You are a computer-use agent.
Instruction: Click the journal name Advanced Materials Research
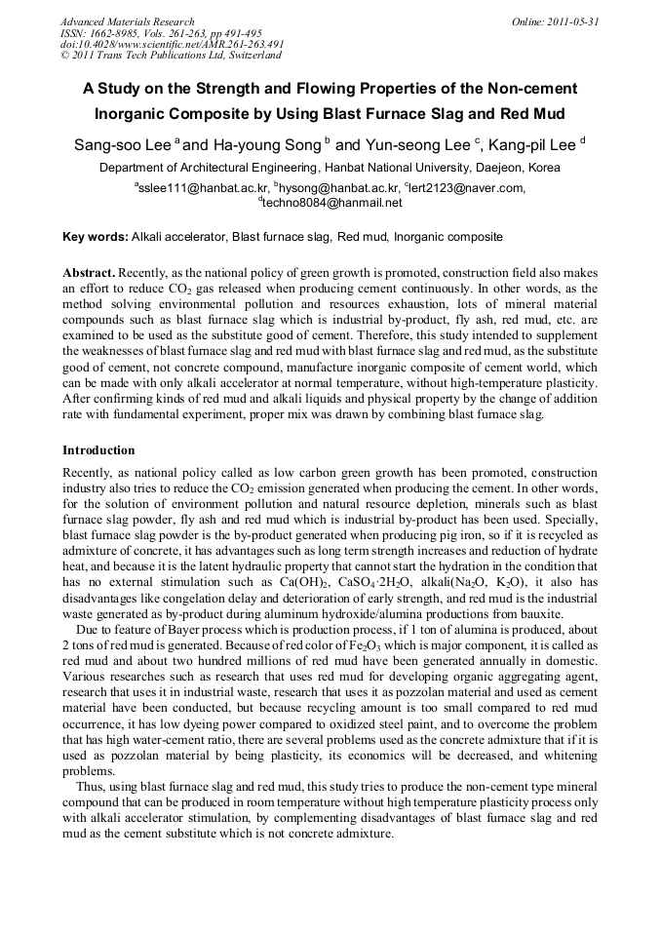click(127, 21)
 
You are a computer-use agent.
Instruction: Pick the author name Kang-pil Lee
click(535, 145)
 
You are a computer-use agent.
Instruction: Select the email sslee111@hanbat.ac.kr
click(203, 188)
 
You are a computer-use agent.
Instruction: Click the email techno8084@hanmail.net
click(332, 203)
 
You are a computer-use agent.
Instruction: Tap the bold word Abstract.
click(89, 274)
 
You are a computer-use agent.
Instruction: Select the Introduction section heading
click(98, 450)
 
